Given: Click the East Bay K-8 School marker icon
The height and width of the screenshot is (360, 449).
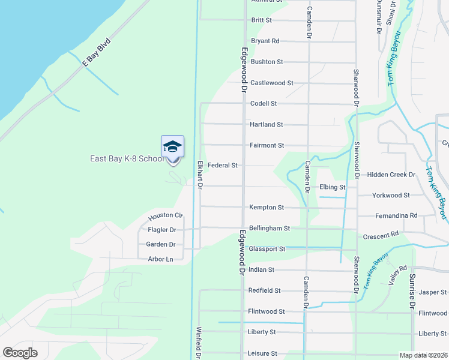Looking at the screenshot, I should coord(172,148).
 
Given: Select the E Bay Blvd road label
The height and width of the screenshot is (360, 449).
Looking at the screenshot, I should coord(97,52).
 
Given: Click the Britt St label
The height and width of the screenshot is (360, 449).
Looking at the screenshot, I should coord(262,20).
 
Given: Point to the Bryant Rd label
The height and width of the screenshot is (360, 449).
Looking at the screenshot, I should coord(265,41).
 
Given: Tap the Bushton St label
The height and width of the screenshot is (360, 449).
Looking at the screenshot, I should coord(267,62).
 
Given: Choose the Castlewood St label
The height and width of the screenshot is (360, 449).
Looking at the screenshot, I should coord(271,83).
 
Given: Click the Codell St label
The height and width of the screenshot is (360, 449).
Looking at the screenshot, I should coord(264,104).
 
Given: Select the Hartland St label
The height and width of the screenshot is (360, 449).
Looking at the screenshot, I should coord(267,125).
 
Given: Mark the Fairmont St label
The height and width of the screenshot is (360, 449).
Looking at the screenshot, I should coord(267,146).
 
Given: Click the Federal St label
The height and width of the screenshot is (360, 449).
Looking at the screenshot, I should coord(223,165).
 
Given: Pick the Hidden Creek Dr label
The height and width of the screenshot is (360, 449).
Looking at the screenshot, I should coord(391,175).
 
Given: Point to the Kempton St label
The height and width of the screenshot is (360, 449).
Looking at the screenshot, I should coord(267,208).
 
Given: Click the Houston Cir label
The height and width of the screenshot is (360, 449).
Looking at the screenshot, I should coord(165,215).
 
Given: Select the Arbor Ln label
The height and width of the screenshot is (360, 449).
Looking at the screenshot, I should coord(160,259).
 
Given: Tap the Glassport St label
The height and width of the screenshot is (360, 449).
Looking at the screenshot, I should coord(267,249).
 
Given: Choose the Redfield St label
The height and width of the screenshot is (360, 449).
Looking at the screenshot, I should coord(264,291).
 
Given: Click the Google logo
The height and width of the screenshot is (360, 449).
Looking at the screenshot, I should coord(20,353).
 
